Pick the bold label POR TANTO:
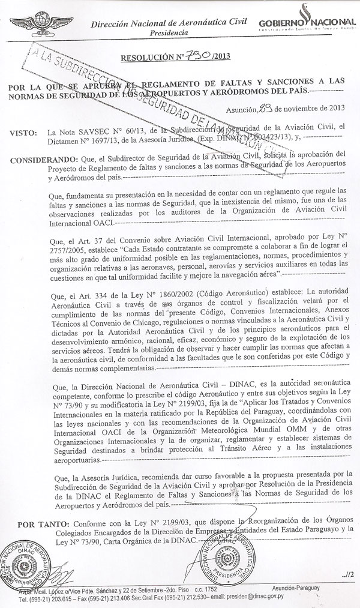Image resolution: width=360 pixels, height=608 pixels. point(31,517)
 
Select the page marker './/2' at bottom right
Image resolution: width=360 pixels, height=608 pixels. point(341,575)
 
